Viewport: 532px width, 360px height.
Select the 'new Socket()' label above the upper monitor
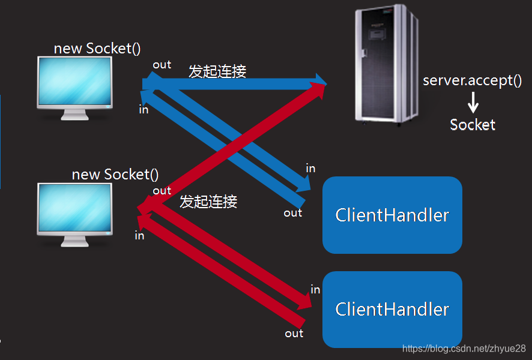pos(97,49)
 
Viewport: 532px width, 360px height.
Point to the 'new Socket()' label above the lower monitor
pos(115,175)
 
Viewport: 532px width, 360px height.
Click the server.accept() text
pos(472,80)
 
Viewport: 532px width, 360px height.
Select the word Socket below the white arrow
pos(473,125)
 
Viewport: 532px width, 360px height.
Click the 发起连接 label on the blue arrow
pos(217,71)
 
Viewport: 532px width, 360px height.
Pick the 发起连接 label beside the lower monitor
pos(208,202)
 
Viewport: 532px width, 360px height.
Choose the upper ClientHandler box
pos(392,215)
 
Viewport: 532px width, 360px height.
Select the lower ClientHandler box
pos(392,309)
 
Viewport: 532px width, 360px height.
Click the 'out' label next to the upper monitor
pos(162,65)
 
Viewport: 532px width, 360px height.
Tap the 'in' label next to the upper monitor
pos(144,109)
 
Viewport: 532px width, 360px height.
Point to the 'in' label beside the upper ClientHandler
pos(310,169)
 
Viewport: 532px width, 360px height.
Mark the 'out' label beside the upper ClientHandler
pos(293,213)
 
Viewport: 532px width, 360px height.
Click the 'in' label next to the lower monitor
pos(139,236)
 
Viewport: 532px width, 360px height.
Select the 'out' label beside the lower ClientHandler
pos(294,334)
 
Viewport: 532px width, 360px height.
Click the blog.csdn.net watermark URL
pos(464,349)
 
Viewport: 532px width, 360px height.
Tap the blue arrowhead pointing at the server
pos(318,80)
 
